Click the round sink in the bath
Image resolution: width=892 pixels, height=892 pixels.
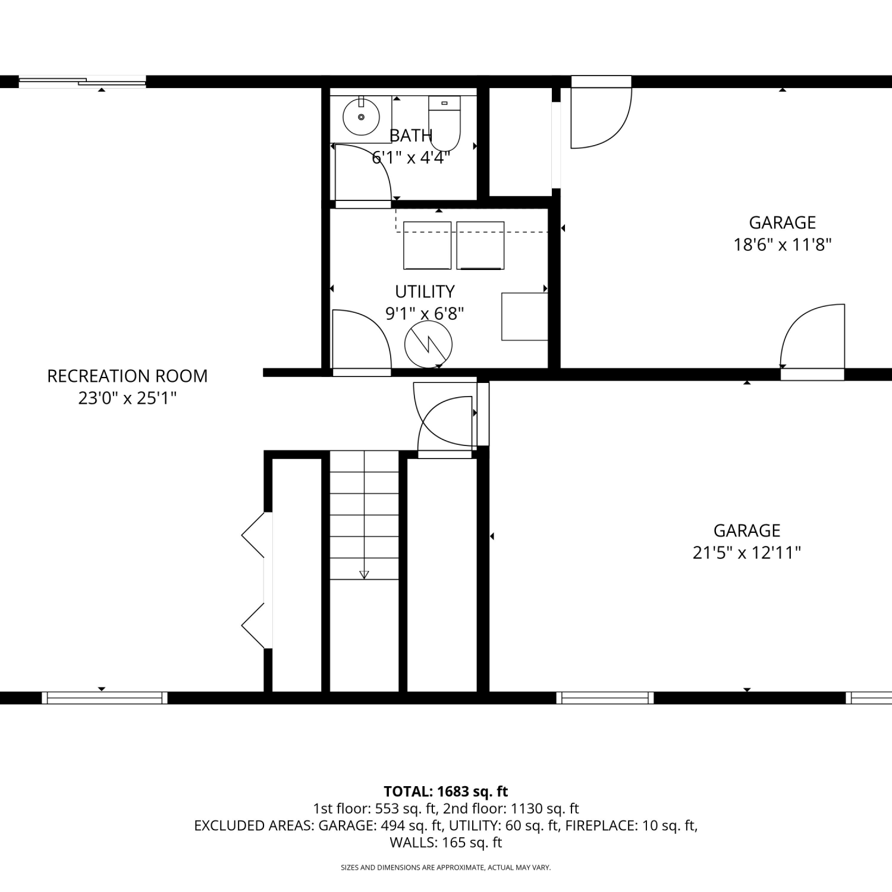361,117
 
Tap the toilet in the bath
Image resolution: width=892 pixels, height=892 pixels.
444,124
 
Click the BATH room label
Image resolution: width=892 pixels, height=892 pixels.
411,136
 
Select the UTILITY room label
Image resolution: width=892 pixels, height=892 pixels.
425,291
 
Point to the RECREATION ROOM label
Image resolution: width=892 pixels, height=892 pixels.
127,376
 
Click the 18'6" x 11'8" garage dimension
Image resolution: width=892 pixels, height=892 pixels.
782,244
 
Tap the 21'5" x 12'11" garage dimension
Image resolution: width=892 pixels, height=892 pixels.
746,552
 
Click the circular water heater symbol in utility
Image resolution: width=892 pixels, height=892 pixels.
428,344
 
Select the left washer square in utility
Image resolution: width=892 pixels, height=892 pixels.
427,245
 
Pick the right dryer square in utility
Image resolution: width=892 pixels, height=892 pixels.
480,245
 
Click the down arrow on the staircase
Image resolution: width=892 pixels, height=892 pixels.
364,574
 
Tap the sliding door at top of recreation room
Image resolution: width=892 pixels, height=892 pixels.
83,82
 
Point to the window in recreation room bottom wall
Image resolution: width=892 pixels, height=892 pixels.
104,698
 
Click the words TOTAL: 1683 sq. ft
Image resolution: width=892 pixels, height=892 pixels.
446,792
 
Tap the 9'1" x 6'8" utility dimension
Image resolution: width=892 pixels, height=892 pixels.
425,313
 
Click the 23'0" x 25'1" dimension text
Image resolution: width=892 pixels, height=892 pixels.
127,398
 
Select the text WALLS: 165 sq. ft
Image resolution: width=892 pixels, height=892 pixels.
446,842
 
